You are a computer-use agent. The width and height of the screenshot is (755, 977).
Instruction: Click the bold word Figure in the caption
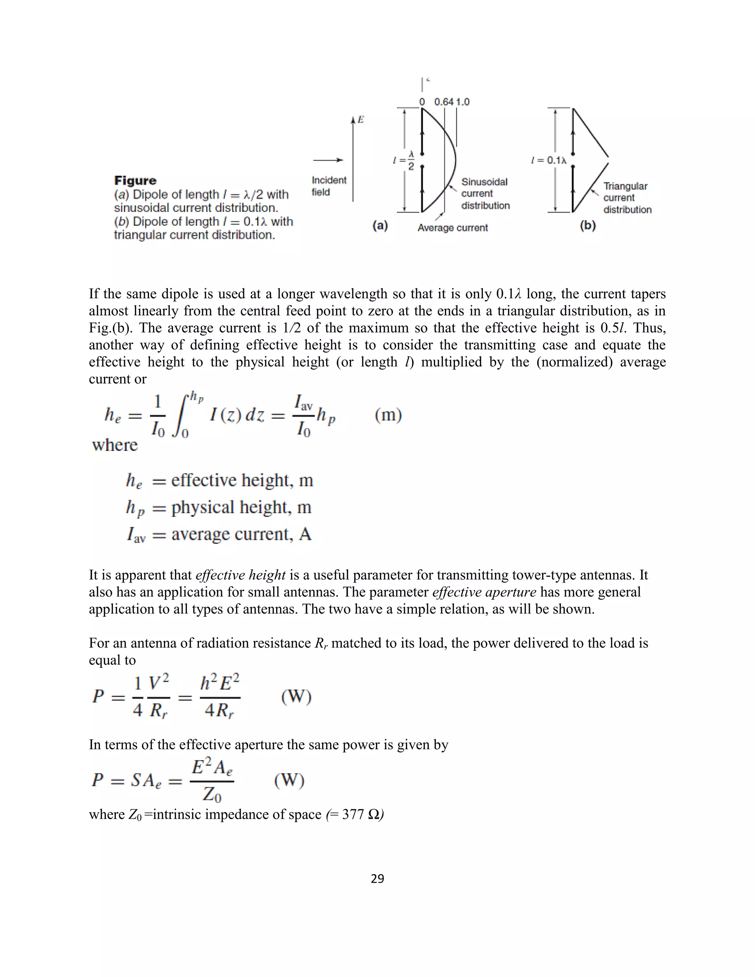135,181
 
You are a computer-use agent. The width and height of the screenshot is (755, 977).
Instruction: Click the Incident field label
329,186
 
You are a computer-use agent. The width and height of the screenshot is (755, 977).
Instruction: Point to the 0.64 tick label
444,102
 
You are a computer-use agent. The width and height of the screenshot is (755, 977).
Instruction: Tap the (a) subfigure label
380,226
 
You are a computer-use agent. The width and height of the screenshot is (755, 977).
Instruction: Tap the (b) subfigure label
588,226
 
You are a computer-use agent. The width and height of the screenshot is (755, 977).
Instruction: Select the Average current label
452,228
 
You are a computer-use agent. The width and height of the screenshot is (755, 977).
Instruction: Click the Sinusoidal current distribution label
485,194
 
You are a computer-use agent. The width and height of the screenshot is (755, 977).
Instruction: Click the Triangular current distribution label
627,198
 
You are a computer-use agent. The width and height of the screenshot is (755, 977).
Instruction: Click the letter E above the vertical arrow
361,120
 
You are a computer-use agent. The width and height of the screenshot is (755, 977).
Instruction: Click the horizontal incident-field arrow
328,160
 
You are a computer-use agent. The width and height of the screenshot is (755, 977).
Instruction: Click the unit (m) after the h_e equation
388,415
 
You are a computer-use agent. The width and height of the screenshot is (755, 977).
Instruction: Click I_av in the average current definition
136,535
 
